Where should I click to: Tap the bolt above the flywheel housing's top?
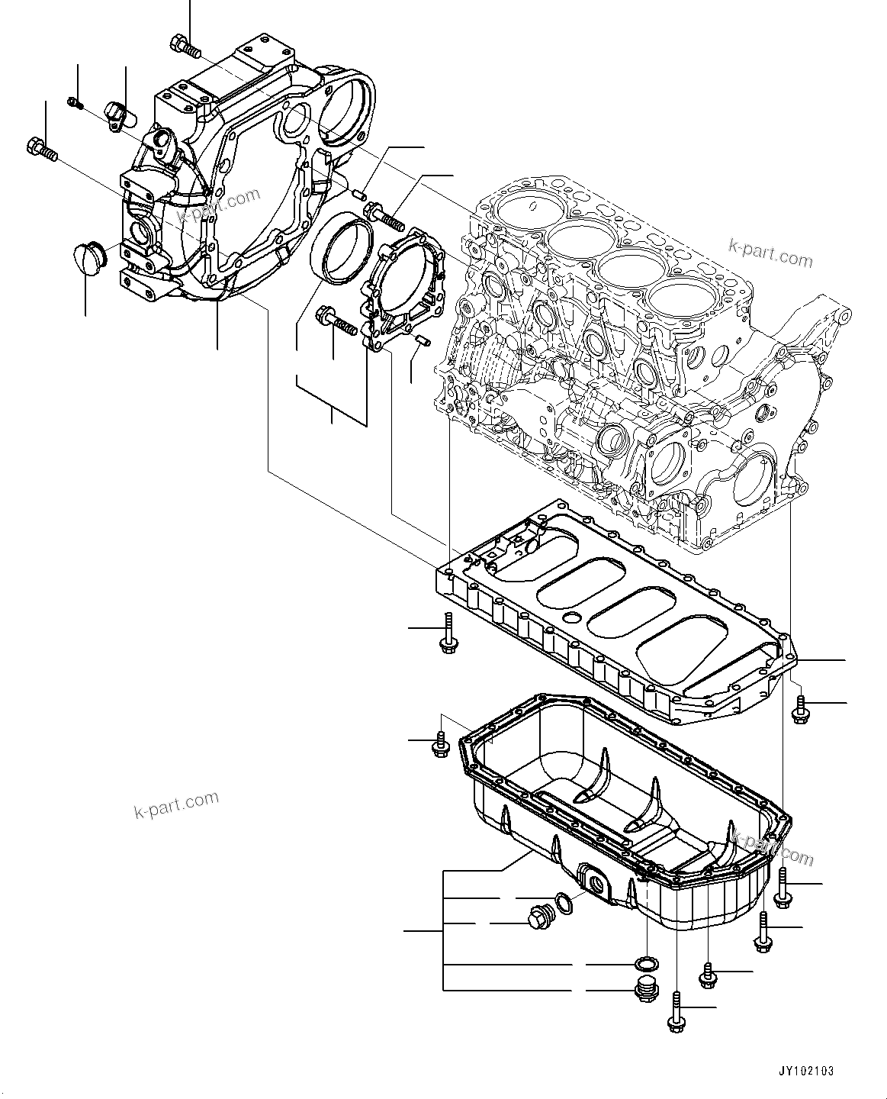pos(185,47)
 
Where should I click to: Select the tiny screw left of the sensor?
pos(74,102)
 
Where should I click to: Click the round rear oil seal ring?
pos(340,247)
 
